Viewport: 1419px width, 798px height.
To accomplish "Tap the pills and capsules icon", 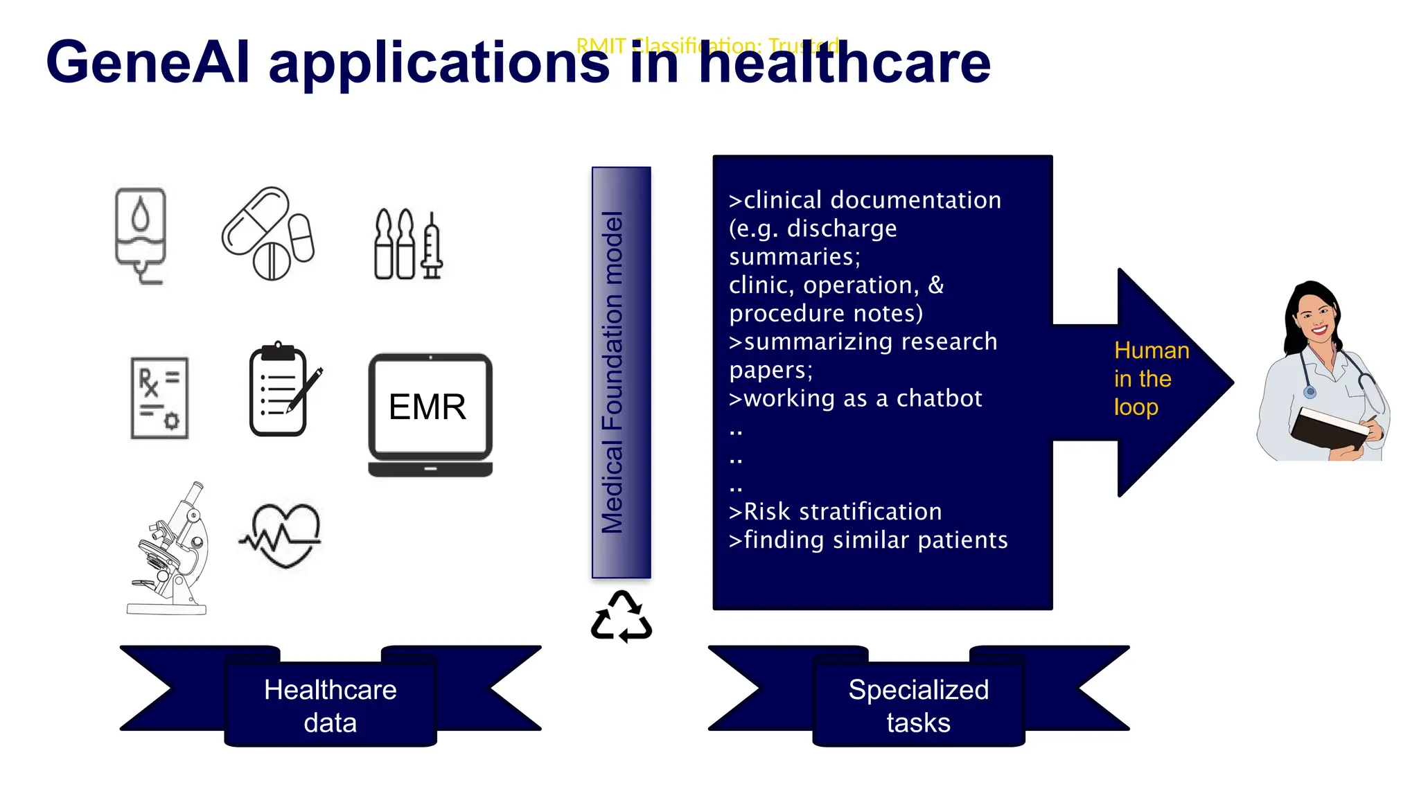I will coord(267,233).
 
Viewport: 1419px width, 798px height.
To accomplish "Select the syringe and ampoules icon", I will coord(408,245).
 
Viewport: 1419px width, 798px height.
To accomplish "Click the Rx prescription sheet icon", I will coord(159,398).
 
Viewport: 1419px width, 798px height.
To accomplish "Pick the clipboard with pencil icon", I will coord(281,390).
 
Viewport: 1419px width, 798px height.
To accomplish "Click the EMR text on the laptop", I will coord(428,407).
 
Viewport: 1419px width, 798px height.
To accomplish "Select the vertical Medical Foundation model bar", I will coord(621,373).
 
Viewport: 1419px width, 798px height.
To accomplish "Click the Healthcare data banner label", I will coord(330,705).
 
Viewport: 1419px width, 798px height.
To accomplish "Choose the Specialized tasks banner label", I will coord(918,705).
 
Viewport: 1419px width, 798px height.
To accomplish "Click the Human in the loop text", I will coord(1150,379).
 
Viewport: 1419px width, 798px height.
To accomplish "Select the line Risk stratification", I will coord(836,512).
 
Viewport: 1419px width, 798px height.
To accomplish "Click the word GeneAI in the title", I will coord(148,62).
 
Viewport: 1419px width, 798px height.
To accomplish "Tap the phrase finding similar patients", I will coord(868,540).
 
